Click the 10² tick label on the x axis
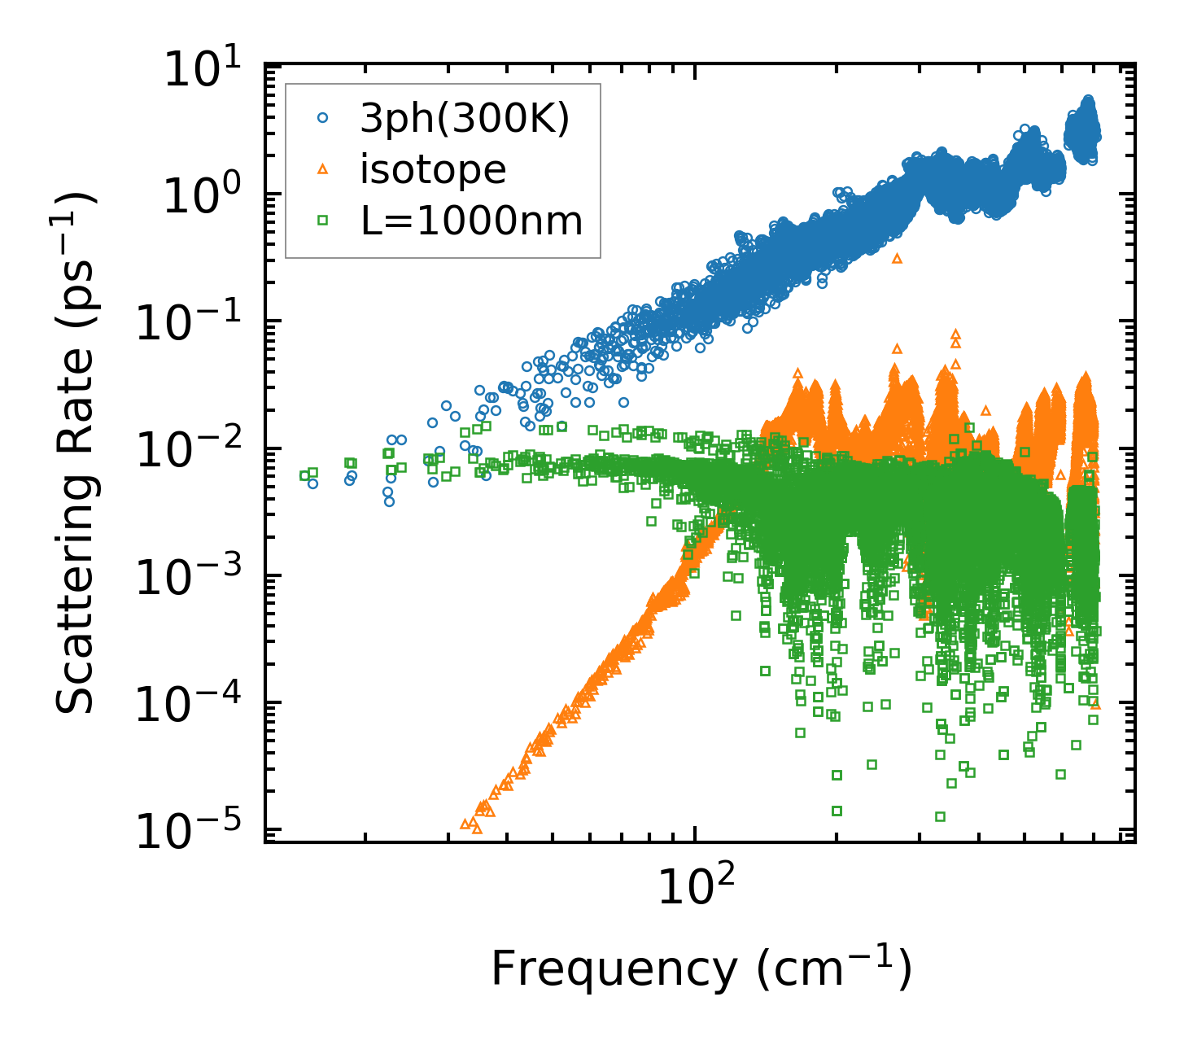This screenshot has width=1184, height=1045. tap(694, 886)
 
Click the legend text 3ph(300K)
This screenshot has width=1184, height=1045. tap(465, 119)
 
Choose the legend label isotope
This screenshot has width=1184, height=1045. tap(433, 170)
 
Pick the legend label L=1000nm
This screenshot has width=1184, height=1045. tap(472, 221)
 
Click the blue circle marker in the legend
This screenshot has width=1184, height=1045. tap(322, 118)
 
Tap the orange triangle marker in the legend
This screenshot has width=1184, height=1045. tap(322, 169)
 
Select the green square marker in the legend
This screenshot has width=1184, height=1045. tap(322, 220)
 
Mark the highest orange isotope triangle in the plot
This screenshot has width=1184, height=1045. tap(898, 258)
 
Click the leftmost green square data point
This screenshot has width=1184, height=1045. tap(304, 475)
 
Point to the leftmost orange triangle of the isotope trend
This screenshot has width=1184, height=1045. tap(465, 824)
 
